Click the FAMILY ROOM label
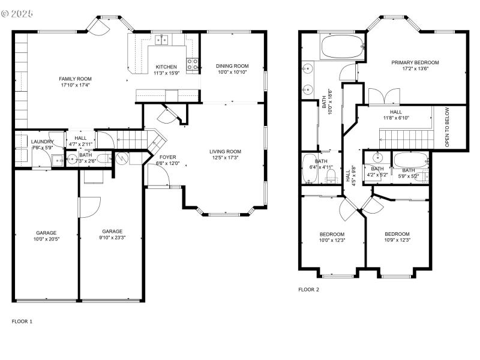pyautogui.click(x=75, y=79)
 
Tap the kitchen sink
pyautogui.click(x=161, y=40)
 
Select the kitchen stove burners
pyautogui.click(x=193, y=64)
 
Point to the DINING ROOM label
pyautogui.click(x=232, y=66)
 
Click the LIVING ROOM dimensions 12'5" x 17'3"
pyautogui.click(x=225, y=158)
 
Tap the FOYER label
pyautogui.click(x=167, y=157)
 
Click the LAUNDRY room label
pyautogui.click(x=43, y=142)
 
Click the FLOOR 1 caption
pyautogui.click(x=22, y=321)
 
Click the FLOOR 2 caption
pyautogui.click(x=309, y=289)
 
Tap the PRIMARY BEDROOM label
pyautogui.click(x=415, y=62)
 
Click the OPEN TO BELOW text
pyautogui.click(x=448, y=127)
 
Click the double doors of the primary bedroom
pyautogui.click(x=383, y=97)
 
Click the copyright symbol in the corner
pyautogui.click(x=6, y=13)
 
